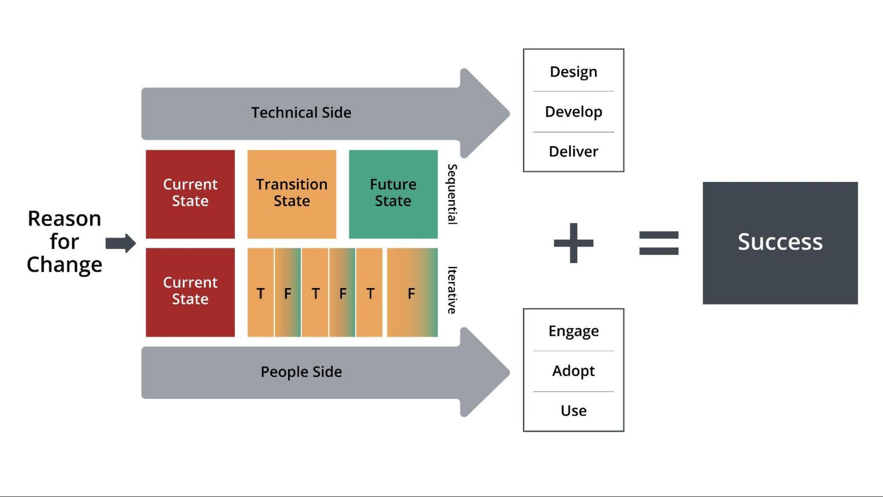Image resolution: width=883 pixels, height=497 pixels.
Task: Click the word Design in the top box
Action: (x=573, y=72)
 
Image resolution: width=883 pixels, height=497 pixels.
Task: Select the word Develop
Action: (x=573, y=112)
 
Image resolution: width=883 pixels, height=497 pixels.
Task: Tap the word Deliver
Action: (x=573, y=152)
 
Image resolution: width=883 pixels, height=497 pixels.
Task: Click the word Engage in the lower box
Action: (x=573, y=331)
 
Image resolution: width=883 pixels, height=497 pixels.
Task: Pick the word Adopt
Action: (x=573, y=371)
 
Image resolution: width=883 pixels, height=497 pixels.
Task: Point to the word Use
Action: (x=573, y=411)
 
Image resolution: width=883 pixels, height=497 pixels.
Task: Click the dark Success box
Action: (x=779, y=242)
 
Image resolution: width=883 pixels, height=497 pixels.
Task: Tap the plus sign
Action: (x=573, y=243)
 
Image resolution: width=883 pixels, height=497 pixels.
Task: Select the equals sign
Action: (x=658, y=243)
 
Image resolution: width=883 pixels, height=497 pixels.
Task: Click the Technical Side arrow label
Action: (x=301, y=113)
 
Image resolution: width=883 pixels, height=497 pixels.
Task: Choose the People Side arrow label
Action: (x=301, y=372)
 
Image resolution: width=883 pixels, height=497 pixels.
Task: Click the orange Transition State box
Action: (x=291, y=193)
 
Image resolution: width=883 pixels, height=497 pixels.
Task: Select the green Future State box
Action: (x=393, y=193)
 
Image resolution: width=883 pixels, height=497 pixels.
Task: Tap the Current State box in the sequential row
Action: (x=190, y=193)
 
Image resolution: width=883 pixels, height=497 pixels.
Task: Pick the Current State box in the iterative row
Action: (x=190, y=291)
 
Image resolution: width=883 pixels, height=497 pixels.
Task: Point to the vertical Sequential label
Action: (x=452, y=194)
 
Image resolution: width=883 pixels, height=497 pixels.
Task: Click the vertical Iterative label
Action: (x=452, y=290)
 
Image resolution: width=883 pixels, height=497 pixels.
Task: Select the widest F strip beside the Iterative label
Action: (x=412, y=293)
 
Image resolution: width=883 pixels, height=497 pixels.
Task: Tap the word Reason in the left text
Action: (x=64, y=219)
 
